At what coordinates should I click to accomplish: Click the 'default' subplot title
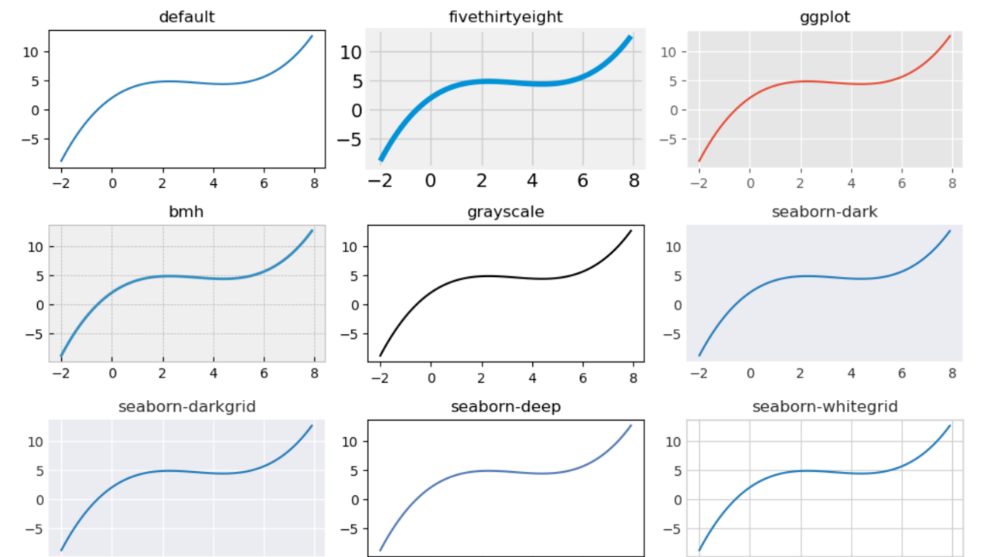186,17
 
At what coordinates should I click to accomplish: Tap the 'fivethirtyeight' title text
505,17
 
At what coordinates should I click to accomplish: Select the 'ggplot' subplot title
824,17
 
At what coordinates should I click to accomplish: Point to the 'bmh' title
186,211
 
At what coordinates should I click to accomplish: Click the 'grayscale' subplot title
505,211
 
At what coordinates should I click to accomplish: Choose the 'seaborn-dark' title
824,211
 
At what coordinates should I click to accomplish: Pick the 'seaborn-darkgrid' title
186,406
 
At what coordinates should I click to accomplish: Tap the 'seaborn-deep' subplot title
505,406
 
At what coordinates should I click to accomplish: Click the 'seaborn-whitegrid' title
824,406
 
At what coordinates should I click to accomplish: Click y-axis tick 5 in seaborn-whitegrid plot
674,470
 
